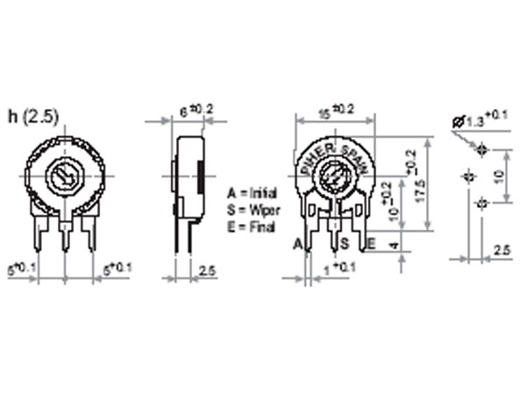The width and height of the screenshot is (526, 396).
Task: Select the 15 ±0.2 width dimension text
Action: pyautogui.click(x=337, y=112)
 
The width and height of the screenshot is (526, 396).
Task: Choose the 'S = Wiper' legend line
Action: pyautogui.click(x=252, y=209)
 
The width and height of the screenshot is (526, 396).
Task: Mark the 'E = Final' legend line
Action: pyautogui.click(x=249, y=227)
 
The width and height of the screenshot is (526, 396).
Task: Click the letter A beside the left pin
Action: pyautogui.click(x=298, y=243)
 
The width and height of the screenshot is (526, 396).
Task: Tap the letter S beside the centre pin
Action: pyautogui.click(x=345, y=243)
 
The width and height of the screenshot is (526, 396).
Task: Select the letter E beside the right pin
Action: pyautogui.click(x=371, y=243)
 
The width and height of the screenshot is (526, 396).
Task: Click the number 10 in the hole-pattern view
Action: pyautogui.click(x=498, y=176)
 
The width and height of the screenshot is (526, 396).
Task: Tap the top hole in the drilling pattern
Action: pyautogui.click(x=481, y=149)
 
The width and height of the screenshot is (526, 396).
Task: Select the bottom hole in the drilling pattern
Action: pyautogui.click(x=481, y=203)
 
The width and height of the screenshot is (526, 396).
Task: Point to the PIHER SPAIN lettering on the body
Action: pyautogui.click(x=337, y=149)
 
